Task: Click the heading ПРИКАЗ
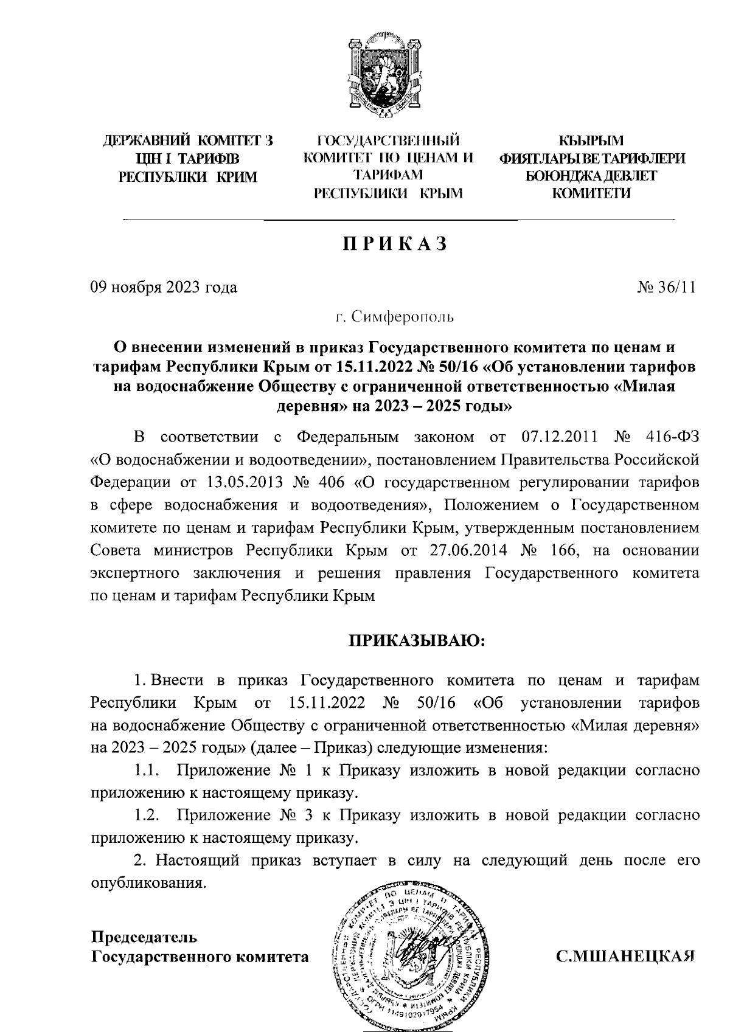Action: coord(395,244)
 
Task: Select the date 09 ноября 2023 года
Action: coord(164,287)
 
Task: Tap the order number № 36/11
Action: coord(666,287)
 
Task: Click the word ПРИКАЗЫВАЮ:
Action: coord(416,641)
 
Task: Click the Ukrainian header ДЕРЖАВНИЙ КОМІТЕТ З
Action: coord(187,142)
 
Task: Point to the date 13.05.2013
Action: coord(241,483)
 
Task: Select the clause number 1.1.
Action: coord(147,771)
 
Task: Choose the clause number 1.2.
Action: coord(147,816)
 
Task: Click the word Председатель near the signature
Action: coord(144,937)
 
